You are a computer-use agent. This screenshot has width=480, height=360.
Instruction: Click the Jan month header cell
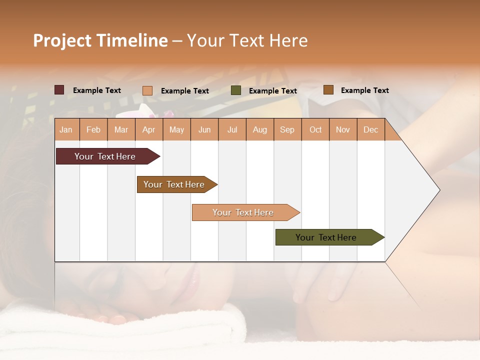(x=66, y=129)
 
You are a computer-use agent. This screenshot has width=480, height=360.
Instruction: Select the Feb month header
(x=93, y=129)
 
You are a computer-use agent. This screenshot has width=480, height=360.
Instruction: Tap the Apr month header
(x=148, y=129)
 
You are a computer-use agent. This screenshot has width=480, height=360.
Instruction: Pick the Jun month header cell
(x=204, y=129)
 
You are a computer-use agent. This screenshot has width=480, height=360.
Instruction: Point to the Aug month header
(x=259, y=129)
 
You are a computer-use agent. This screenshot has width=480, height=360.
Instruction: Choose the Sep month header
(x=287, y=129)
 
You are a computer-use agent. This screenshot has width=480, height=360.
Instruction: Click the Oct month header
(x=315, y=129)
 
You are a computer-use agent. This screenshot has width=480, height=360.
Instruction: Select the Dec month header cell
(x=370, y=129)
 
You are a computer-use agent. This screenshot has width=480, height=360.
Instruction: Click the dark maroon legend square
(x=59, y=90)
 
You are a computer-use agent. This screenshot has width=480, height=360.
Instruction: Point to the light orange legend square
(x=147, y=90)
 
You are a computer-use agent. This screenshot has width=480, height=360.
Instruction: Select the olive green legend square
(x=236, y=90)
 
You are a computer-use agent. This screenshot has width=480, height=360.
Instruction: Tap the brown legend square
(x=328, y=90)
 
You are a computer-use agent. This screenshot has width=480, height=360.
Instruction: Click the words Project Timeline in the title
(x=100, y=40)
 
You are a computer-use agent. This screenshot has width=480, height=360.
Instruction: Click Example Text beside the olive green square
(x=272, y=91)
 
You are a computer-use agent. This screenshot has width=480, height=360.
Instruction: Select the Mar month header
(x=121, y=129)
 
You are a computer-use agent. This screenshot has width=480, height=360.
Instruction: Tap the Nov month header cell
(x=343, y=129)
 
